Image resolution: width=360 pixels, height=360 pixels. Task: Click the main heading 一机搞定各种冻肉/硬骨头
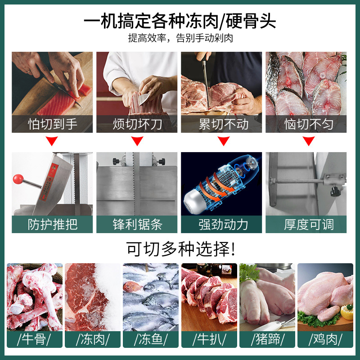tap(180, 20)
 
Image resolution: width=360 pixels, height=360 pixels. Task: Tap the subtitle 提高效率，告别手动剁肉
tap(180, 38)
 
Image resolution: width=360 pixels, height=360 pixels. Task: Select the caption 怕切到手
tap(53, 124)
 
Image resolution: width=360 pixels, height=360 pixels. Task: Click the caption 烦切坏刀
tap(137, 124)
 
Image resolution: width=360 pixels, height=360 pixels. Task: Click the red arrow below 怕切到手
tap(53, 142)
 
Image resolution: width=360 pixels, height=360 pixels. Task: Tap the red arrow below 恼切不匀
tap(308, 142)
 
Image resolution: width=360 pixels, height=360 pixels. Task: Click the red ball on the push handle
tap(18, 179)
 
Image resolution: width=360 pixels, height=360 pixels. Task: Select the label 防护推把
tap(53, 224)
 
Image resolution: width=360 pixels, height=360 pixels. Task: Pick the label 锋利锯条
tap(137, 224)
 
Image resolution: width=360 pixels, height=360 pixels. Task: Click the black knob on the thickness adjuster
tap(335, 192)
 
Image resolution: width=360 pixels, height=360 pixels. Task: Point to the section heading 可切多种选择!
tap(180, 248)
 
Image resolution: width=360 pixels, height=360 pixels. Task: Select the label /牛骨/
tap(34, 339)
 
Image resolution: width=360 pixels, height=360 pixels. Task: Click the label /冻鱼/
tap(150, 339)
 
